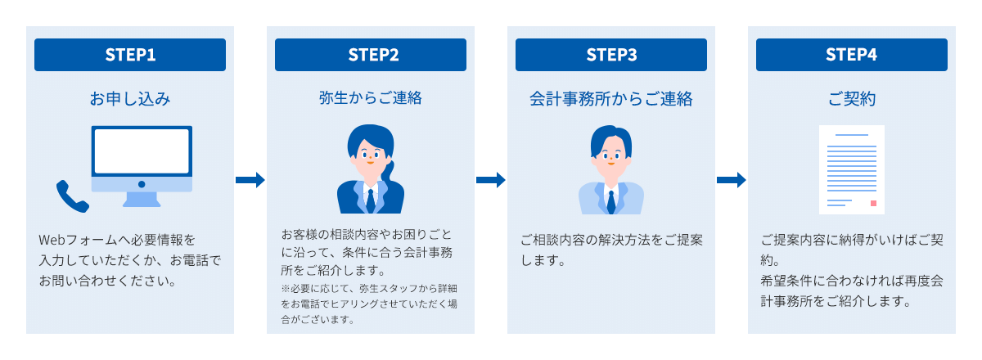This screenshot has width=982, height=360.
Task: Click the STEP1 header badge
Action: click(x=130, y=55)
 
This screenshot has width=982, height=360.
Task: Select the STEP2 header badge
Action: click(x=371, y=55)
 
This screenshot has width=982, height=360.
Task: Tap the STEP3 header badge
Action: click(x=611, y=55)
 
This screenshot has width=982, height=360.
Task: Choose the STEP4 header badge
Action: click(x=852, y=55)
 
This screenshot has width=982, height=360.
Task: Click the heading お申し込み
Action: click(x=130, y=99)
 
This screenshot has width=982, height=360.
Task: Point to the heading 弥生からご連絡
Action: click(x=371, y=99)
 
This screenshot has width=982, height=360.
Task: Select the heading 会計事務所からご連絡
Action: click(x=611, y=99)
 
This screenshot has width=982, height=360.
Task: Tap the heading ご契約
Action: click(x=852, y=99)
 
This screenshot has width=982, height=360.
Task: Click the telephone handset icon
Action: click(x=71, y=196)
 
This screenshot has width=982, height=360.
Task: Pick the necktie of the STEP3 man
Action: click(x=611, y=199)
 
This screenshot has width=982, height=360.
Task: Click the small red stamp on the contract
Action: click(x=873, y=202)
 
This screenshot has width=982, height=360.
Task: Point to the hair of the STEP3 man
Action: click(x=610, y=133)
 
